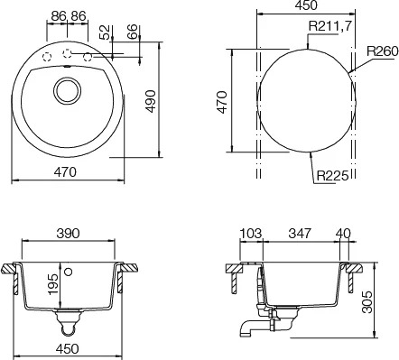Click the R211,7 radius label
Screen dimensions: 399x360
[x=329, y=26]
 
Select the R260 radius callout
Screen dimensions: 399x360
[x=382, y=51]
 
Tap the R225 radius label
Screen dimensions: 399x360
[x=332, y=175]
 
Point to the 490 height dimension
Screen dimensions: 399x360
[x=151, y=101]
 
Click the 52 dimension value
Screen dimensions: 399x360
[x=105, y=32]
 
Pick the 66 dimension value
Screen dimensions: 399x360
[x=132, y=32]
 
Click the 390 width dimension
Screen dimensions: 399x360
[x=68, y=233]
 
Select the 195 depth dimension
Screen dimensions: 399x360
[x=53, y=284]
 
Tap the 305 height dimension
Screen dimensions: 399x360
[x=367, y=301]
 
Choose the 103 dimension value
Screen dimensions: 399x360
[x=251, y=234]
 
